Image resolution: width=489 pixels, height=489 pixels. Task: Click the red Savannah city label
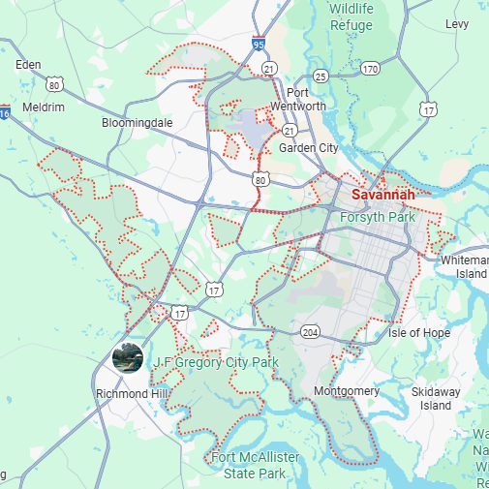click(x=383, y=195)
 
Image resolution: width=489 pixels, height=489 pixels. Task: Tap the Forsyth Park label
click(x=378, y=217)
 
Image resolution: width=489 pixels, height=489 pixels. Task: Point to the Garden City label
click(x=309, y=148)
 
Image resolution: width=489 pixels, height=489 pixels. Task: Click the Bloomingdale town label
click(x=137, y=123)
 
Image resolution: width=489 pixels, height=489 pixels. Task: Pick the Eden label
click(x=29, y=65)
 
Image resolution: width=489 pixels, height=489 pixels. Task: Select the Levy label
click(x=457, y=23)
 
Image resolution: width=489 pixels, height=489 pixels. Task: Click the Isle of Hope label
click(x=419, y=333)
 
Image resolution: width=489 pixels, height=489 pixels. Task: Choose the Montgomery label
click(x=347, y=391)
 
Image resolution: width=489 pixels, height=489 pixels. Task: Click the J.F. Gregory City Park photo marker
click(x=129, y=358)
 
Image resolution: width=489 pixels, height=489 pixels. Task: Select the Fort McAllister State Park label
click(x=256, y=465)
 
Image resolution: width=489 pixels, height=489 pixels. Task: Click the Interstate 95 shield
click(x=258, y=44)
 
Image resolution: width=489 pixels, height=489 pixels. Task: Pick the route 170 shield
click(x=370, y=69)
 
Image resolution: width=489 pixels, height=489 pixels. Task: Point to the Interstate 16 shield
click(x=5, y=113)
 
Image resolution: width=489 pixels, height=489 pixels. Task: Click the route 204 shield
click(x=310, y=331)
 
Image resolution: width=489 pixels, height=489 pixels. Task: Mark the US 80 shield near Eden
click(x=55, y=85)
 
